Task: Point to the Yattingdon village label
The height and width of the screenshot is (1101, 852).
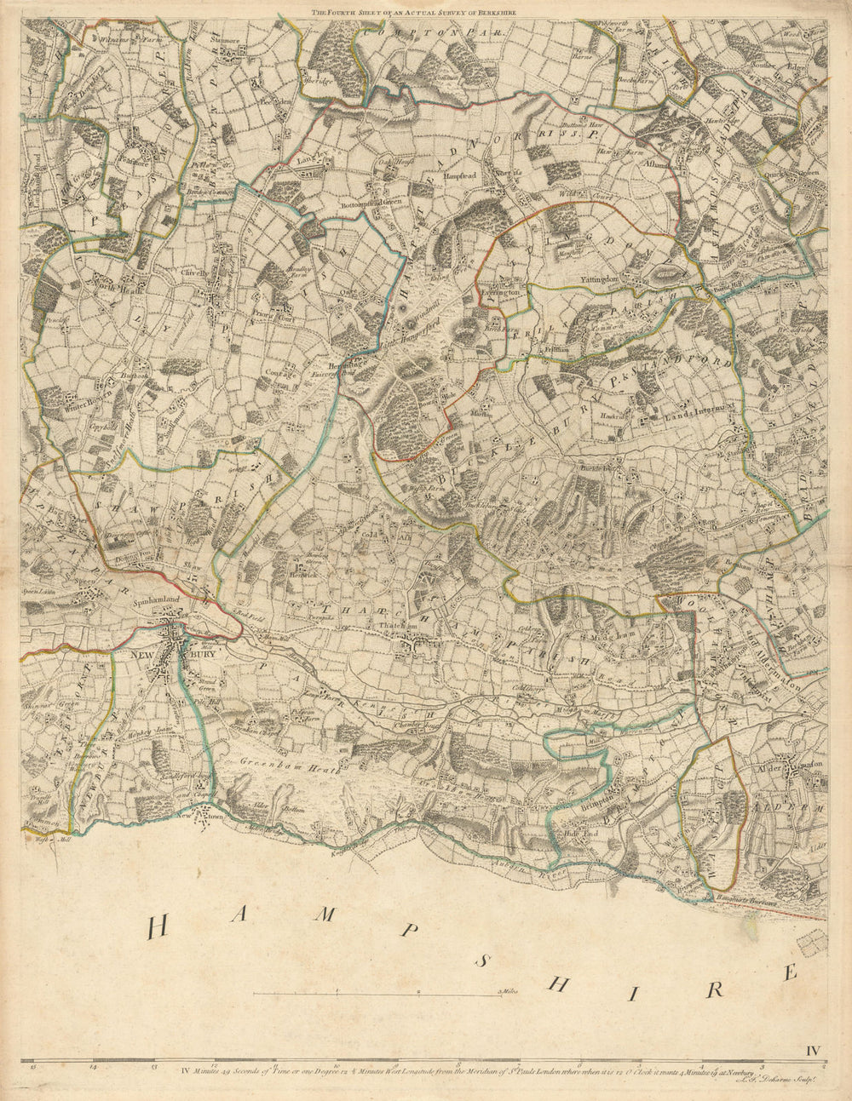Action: tap(595, 278)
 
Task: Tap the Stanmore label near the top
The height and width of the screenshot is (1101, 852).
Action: tap(225, 38)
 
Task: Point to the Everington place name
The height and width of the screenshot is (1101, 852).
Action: tap(500, 291)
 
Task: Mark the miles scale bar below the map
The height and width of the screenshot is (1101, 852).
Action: tap(379, 992)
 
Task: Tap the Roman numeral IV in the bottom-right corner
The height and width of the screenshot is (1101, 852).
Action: tap(813, 1035)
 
